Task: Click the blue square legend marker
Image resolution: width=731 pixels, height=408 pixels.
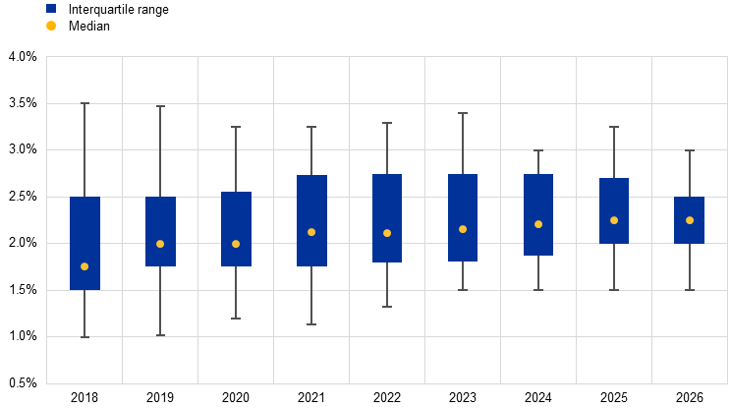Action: click(x=51, y=8)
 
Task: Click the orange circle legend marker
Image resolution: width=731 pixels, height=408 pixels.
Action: click(x=51, y=26)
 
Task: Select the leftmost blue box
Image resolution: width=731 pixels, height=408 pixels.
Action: click(x=84, y=243)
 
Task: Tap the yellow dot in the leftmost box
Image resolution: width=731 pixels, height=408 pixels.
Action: click(x=84, y=266)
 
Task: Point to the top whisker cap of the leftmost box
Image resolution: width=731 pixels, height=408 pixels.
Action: click(x=84, y=103)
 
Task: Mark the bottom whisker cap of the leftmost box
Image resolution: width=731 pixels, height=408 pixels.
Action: click(x=84, y=337)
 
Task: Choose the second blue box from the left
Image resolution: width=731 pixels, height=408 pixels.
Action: click(x=160, y=231)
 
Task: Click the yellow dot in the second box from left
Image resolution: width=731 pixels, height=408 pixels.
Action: click(x=160, y=244)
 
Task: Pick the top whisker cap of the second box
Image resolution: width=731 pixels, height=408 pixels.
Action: click(x=160, y=106)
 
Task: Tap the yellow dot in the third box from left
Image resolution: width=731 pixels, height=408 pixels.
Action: click(x=236, y=244)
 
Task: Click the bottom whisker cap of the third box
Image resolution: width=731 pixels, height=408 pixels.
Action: click(x=236, y=319)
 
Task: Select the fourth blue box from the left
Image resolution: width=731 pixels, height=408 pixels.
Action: click(x=311, y=220)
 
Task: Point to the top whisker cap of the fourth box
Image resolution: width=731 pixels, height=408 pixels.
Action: click(x=311, y=127)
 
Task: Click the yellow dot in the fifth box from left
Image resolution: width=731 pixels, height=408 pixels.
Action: click(x=387, y=233)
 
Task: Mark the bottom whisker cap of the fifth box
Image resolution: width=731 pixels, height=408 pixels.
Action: click(x=387, y=307)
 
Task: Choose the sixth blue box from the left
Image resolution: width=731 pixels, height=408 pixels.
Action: click(x=463, y=217)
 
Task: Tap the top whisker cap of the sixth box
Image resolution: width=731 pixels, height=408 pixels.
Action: click(x=463, y=113)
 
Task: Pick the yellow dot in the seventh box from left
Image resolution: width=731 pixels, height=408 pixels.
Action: click(x=538, y=224)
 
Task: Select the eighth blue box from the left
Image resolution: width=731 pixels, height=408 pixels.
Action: click(x=614, y=210)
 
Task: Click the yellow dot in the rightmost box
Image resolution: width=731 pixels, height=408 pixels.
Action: click(x=690, y=220)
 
